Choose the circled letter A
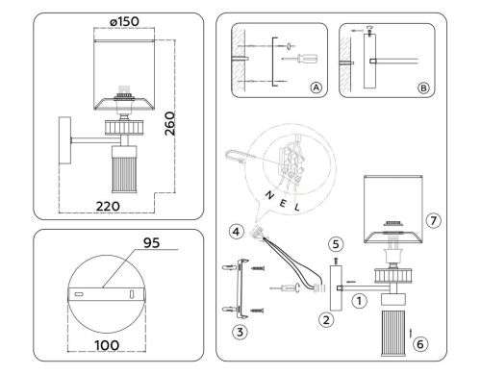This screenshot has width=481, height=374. [x=314, y=86]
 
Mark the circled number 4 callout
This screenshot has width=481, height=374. [x=236, y=230]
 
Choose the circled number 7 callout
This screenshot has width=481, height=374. [x=434, y=220]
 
